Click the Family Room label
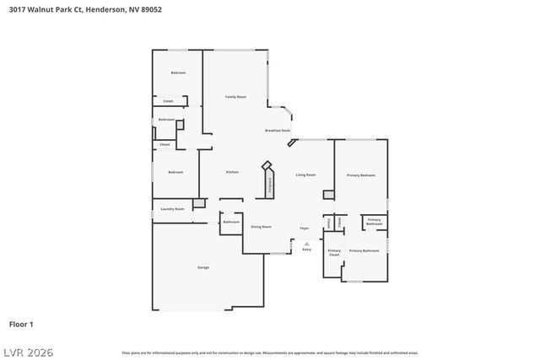235,97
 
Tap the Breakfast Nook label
278,131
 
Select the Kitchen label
232,172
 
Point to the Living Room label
305,175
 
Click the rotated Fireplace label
270,186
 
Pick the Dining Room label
261,227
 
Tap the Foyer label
305,228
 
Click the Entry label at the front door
306,250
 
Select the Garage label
203,267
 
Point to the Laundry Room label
173,208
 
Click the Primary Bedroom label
361,175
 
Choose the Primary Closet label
334,252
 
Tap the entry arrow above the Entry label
306,243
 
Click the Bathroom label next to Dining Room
231,222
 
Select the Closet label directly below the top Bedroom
168,101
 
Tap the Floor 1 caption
21,324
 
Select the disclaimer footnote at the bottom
270,352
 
